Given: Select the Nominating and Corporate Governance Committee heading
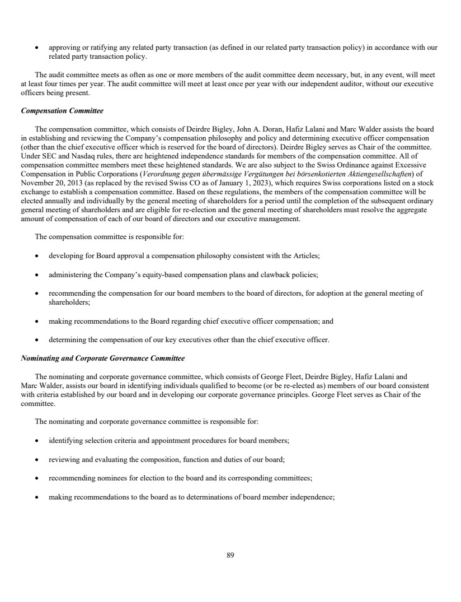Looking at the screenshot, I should [x=102, y=357].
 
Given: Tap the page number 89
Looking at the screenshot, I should [x=230, y=556].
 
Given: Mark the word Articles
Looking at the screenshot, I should [x=306, y=256].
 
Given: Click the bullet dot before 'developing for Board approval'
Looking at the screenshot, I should [x=36, y=256].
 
